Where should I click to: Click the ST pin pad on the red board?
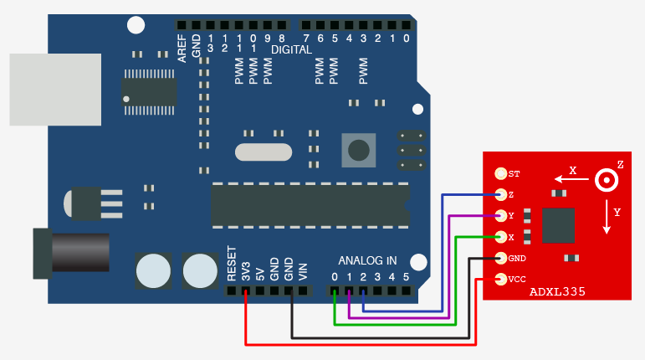501,174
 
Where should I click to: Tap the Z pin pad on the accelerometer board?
501,195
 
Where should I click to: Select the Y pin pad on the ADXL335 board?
501,216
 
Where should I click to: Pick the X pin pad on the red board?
501,237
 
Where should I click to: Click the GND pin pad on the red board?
501,258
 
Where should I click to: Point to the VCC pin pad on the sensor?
501,279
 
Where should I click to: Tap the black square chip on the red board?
558,226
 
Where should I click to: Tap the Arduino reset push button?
359,150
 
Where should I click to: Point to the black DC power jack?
70,252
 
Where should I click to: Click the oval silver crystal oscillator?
264,152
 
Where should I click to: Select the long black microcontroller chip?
310,205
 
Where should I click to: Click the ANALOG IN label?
367,260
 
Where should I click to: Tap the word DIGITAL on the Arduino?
291,50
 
